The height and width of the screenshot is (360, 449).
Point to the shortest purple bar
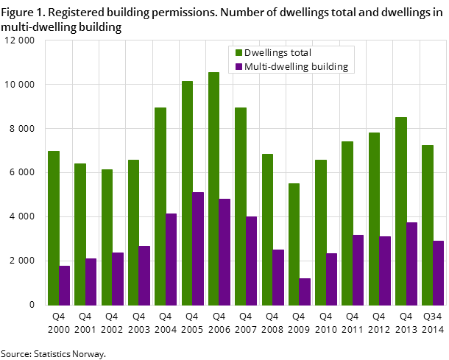point(305,292)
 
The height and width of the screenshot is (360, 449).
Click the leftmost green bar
point(54,228)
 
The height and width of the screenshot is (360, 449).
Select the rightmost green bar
point(428,225)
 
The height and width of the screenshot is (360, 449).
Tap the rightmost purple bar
point(439,273)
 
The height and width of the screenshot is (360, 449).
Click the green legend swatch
point(238,53)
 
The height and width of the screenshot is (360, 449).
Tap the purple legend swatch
point(238,67)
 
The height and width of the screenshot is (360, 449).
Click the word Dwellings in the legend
point(267,53)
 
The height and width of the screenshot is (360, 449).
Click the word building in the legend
point(330,67)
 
